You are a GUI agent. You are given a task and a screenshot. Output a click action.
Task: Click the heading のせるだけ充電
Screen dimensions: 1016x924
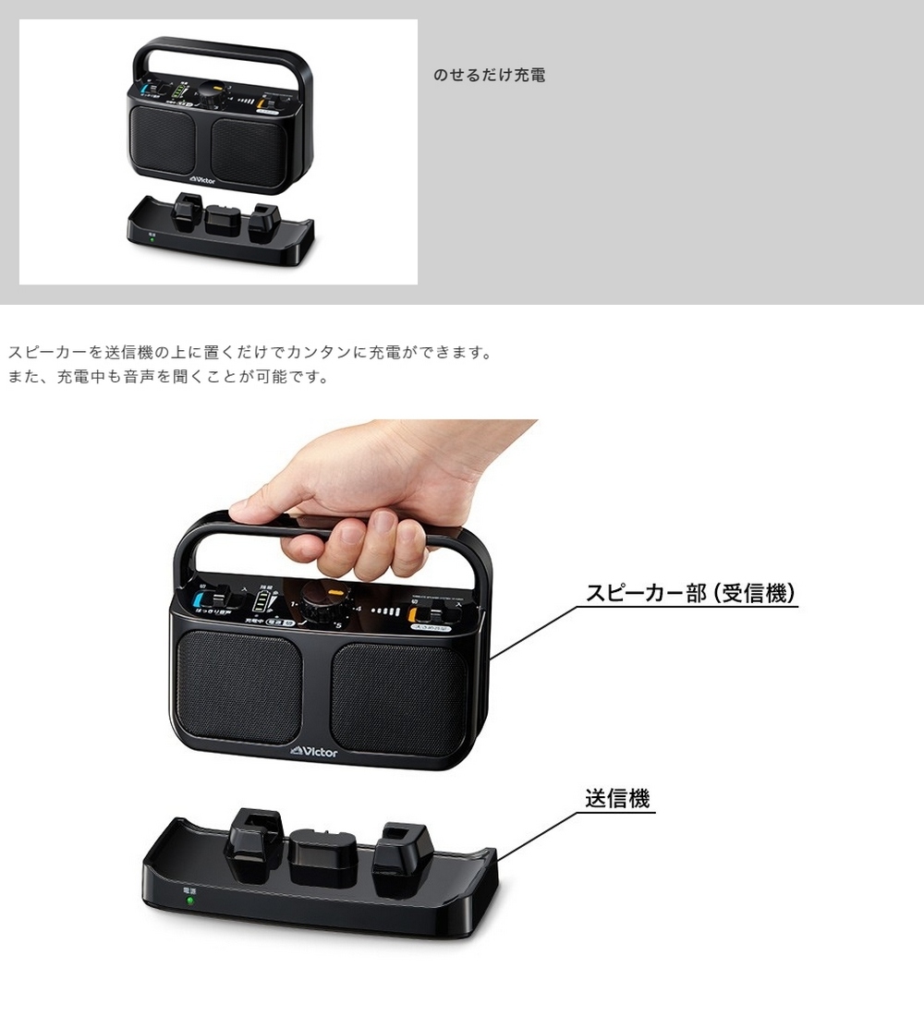(490, 75)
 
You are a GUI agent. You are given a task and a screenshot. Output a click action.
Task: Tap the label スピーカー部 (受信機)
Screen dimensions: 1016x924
(691, 593)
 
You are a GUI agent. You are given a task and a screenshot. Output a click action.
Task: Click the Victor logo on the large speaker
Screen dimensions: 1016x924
(314, 751)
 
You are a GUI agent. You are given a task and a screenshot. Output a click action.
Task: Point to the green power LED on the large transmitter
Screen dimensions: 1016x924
(189, 901)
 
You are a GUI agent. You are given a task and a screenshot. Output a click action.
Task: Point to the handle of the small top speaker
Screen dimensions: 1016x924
(219, 46)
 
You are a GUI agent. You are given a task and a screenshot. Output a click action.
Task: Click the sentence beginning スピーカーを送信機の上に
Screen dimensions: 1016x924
(249, 353)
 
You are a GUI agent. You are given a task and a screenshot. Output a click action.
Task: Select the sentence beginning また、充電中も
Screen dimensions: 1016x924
(168, 377)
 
